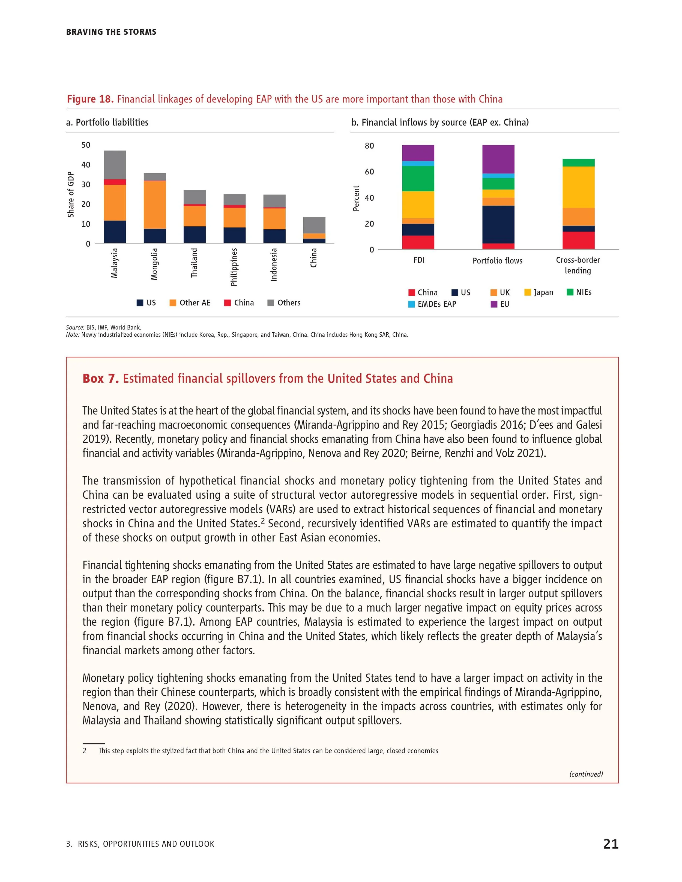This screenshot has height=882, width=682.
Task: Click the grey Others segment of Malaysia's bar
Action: (x=115, y=165)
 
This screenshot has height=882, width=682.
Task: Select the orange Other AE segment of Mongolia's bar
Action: (x=155, y=205)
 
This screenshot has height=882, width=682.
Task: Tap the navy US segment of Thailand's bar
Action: (x=194, y=235)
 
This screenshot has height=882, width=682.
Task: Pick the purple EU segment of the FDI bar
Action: (x=418, y=153)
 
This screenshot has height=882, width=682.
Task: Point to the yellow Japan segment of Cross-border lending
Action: (x=578, y=187)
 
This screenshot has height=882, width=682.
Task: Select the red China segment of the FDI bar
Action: (x=418, y=242)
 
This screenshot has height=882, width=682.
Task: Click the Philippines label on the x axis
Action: (x=234, y=267)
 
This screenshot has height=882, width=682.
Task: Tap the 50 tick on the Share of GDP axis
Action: (x=86, y=145)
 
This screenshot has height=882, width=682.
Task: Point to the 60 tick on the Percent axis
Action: (x=369, y=172)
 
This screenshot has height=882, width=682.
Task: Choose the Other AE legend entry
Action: (x=190, y=303)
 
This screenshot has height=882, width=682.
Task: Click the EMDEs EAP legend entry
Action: (x=432, y=304)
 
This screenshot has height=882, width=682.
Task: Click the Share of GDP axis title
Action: (x=71, y=194)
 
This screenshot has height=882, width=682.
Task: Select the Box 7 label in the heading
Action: (x=100, y=378)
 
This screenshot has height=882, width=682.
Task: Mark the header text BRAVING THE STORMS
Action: (x=111, y=32)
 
